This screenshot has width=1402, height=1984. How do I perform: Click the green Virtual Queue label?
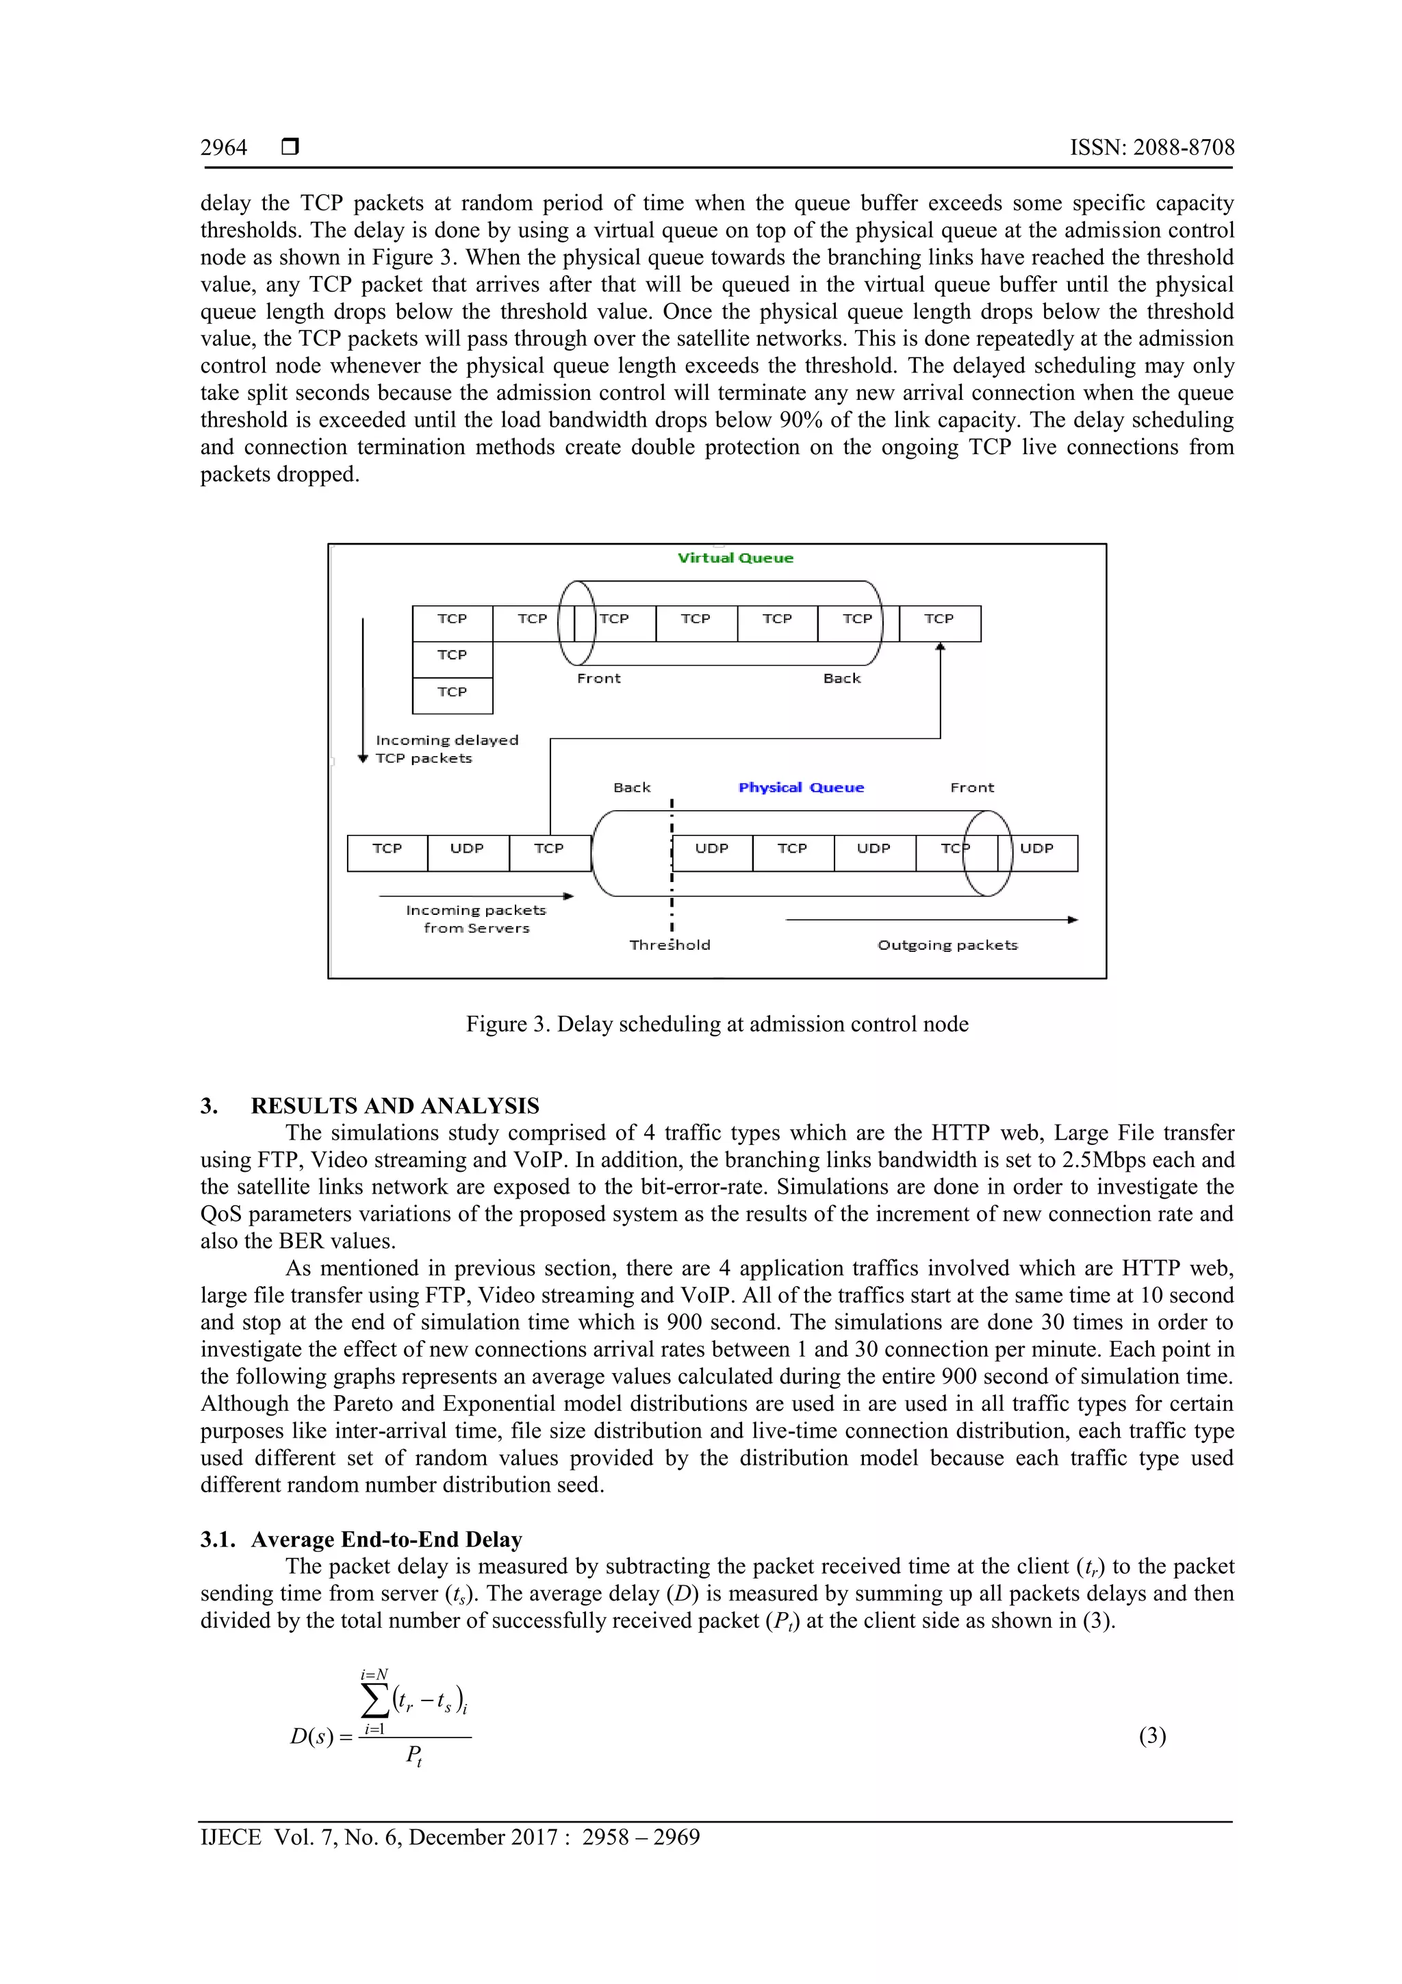[735, 558]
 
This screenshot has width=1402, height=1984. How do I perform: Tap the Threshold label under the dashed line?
[670, 945]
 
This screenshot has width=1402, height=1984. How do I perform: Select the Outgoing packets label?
[947, 945]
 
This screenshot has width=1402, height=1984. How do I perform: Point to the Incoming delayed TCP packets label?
[446, 749]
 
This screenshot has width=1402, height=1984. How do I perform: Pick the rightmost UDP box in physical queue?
[1036, 849]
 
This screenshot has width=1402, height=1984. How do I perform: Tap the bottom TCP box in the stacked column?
[452, 692]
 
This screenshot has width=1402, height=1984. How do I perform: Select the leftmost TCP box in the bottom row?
[387, 849]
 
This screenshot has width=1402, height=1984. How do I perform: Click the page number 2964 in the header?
[224, 148]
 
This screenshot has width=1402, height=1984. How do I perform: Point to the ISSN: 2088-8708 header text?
[1152, 148]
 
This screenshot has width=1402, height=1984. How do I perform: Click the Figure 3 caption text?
[717, 1024]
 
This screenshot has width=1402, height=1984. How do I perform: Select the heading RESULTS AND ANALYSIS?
[395, 1106]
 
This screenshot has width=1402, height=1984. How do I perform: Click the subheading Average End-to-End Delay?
[386, 1539]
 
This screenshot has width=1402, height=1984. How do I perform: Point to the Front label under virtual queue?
[598, 678]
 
